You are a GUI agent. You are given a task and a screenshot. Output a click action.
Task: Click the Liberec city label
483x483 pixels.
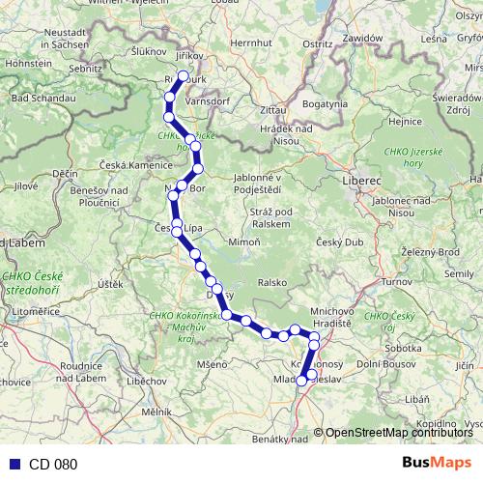tap(362, 181)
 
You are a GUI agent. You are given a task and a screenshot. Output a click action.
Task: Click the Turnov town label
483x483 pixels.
tap(396, 281)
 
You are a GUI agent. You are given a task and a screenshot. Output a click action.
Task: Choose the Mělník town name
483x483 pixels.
tap(156, 412)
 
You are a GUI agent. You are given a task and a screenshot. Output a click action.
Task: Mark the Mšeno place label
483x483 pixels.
tap(213, 364)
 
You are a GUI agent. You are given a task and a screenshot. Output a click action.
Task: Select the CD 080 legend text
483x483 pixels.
tap(52, 465)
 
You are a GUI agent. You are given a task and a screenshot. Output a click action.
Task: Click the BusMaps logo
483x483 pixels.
tap(437, 464)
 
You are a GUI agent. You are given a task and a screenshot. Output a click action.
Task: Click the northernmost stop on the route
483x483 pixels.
tap(184, 74)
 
